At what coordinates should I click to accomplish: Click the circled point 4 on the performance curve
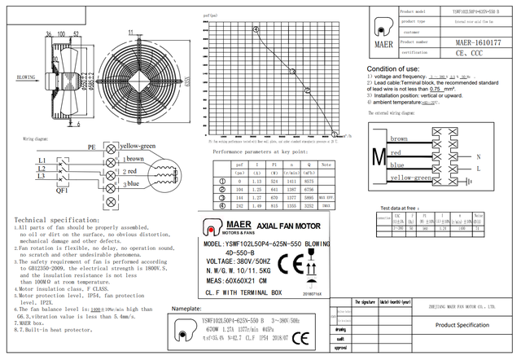255,29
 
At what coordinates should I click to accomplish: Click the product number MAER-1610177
477,41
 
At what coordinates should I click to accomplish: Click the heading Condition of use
394,69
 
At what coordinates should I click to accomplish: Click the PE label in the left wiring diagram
91,147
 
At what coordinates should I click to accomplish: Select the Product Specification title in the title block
462,324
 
